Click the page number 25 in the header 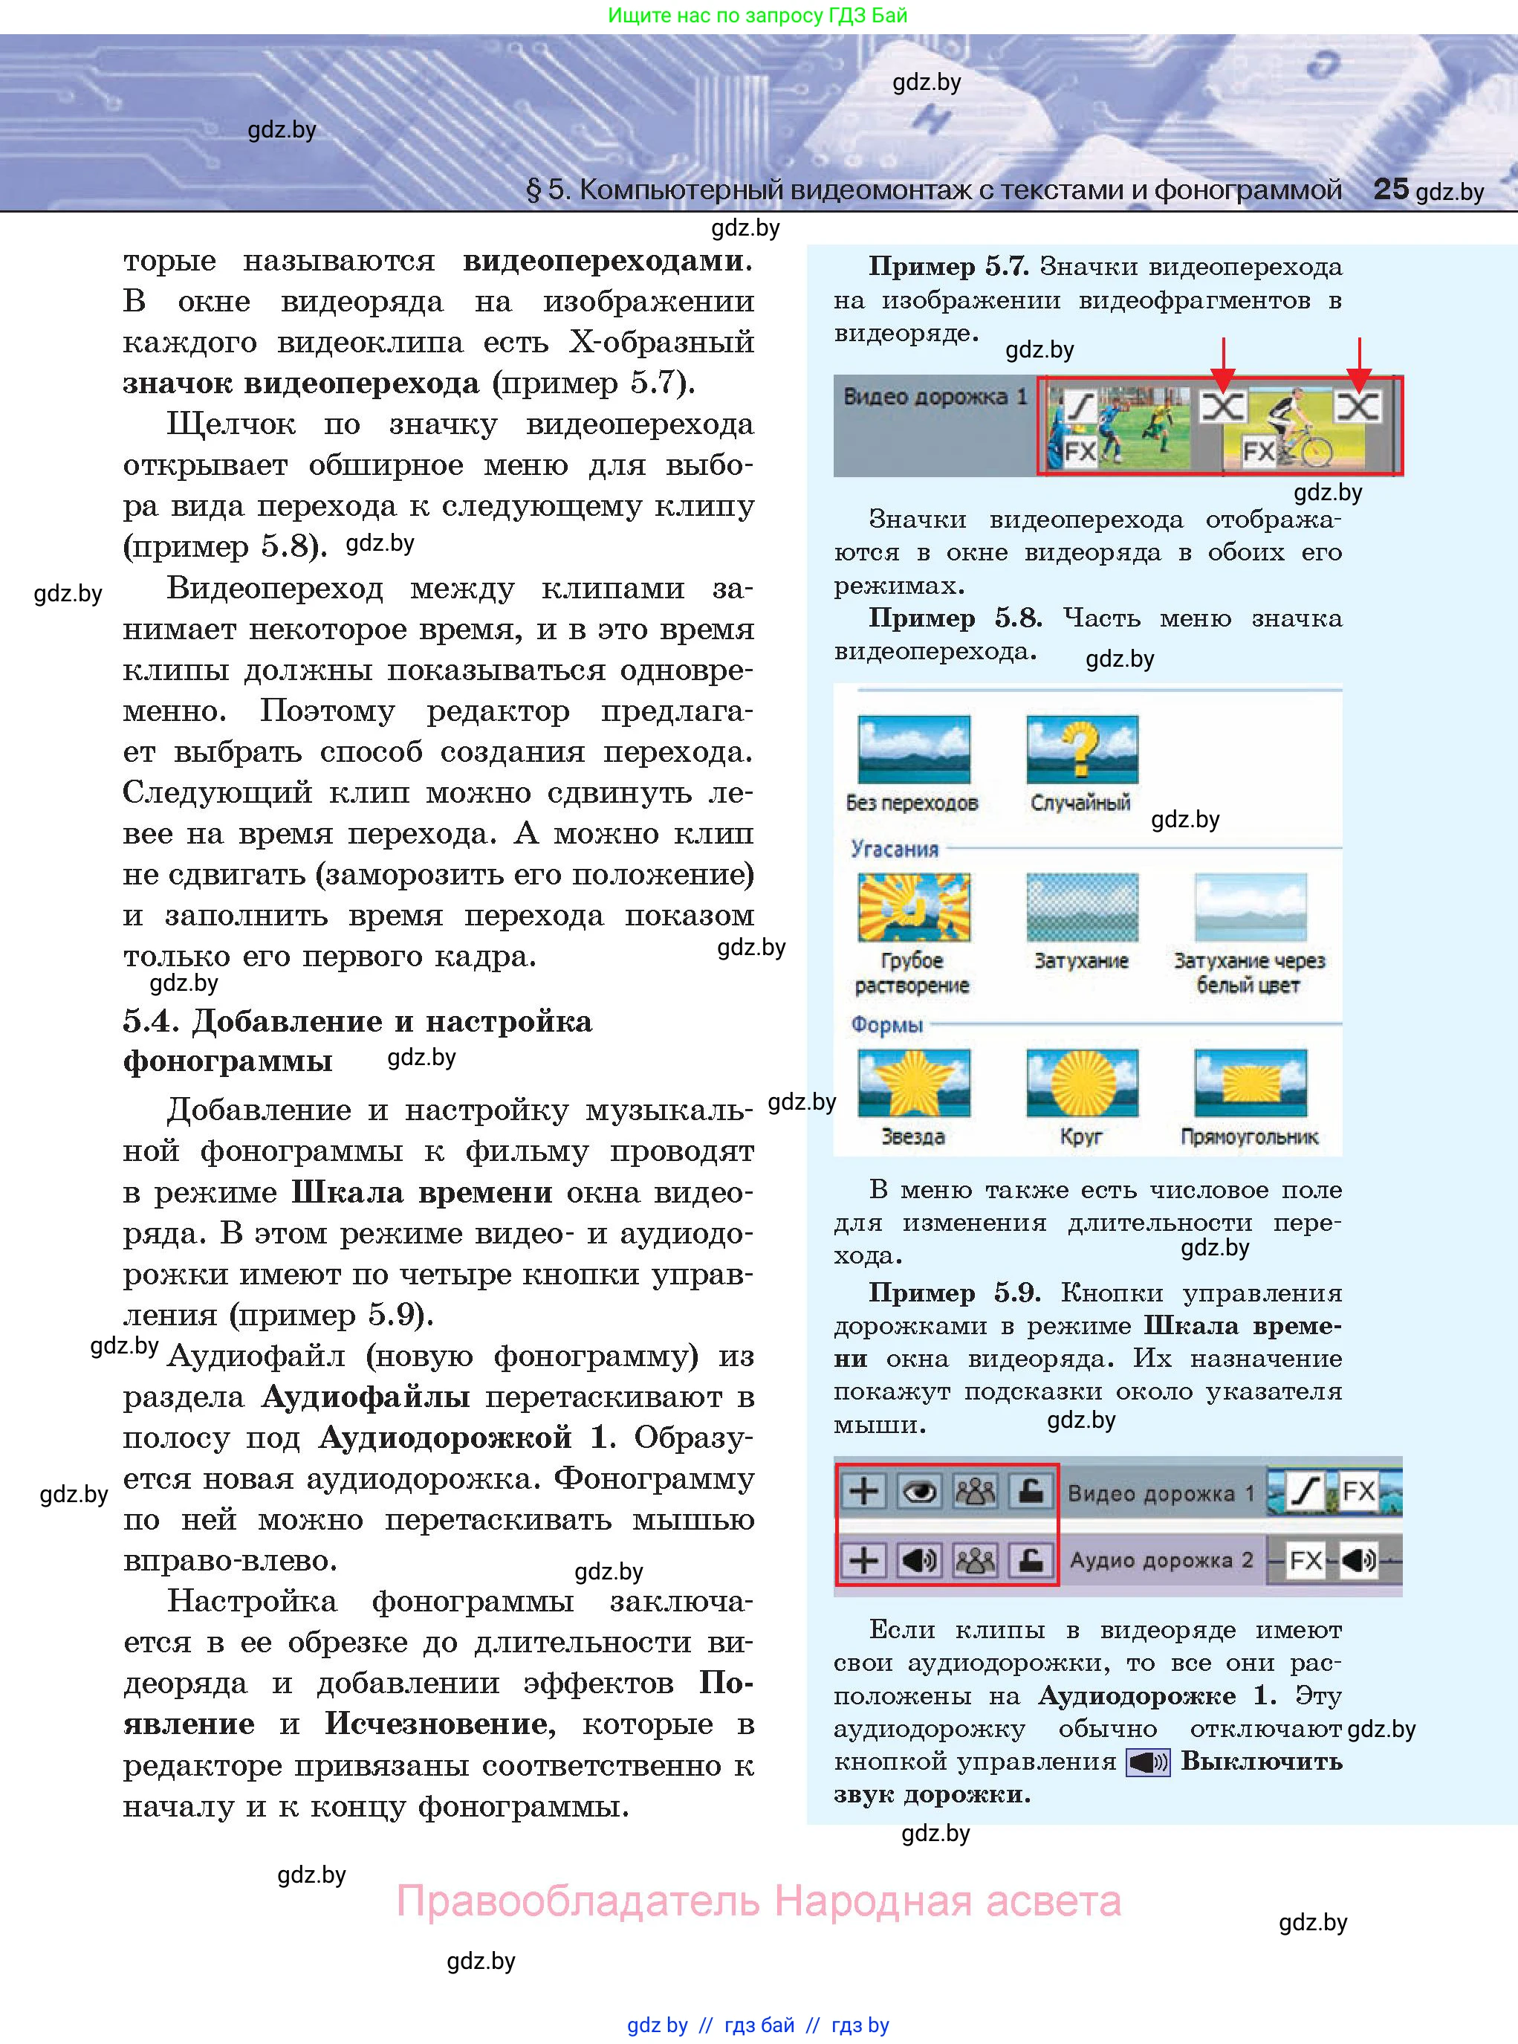[1390, 190]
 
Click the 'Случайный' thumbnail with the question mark [1082, 749]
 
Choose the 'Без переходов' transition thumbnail [913, 749]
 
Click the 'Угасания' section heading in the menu [894, 848]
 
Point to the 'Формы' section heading [886, 1023]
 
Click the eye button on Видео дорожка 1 [920, 1492]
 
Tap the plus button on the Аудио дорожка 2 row [863, 1559]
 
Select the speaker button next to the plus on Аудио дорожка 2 [920, 1559]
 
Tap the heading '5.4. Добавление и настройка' [357, 1021]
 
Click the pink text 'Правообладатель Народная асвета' [758, 1901]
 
